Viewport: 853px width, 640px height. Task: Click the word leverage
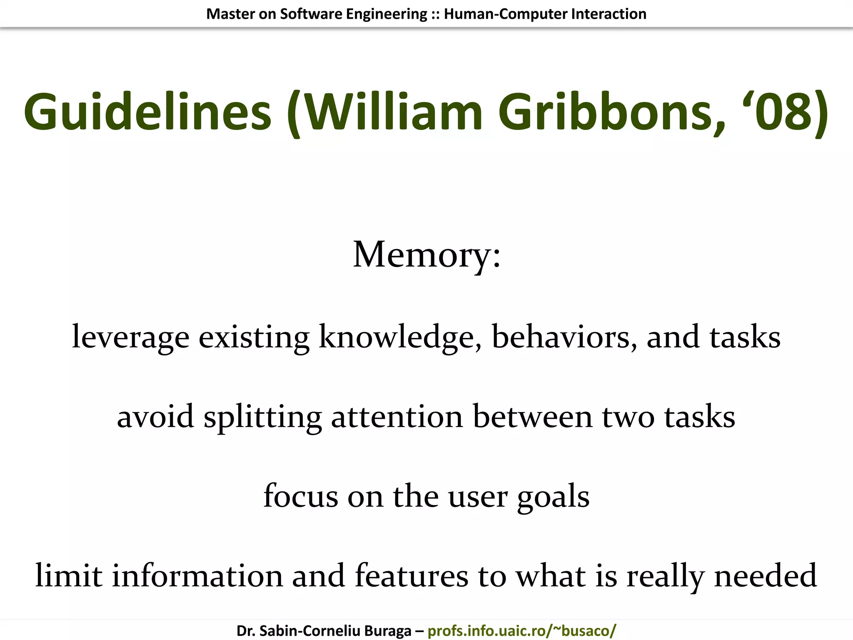point(131,337)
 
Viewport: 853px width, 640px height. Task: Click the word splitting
point(262,417)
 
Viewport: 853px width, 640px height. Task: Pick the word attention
point(397,417)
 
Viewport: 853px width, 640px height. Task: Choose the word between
point(533,417)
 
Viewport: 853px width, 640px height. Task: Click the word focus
point(301,496)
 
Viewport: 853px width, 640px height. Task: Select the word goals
point(554,496)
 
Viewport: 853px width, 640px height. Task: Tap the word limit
point(69,576)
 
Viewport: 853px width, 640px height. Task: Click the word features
point(412,576)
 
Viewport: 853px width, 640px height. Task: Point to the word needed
point(766,576)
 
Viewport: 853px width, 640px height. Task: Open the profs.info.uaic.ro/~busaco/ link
point(521,631)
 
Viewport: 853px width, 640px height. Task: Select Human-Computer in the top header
point(506,14)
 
